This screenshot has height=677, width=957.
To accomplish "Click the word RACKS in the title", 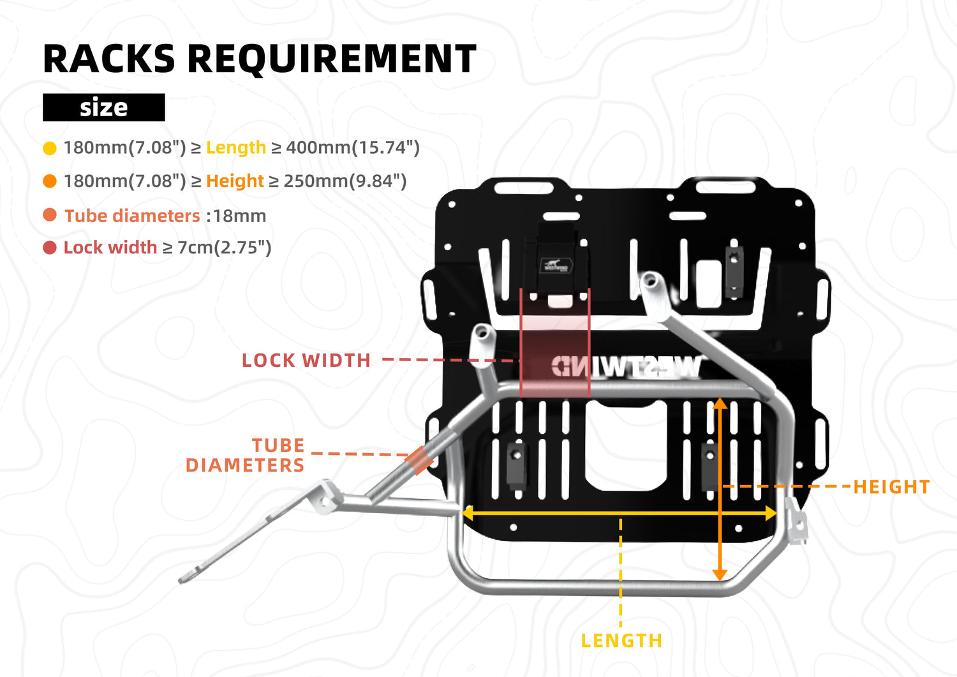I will pyautogui.click(x=108, y=59).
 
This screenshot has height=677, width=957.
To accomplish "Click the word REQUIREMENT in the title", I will pyautogui.click(x=331, y=59).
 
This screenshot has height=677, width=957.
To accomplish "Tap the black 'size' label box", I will pyautogui.click(x=104, y=107).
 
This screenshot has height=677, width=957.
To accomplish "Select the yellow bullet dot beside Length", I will pyautogui.click(x=50, y=149).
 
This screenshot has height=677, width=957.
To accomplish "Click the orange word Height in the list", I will pyautogui.click(x=235, y=181).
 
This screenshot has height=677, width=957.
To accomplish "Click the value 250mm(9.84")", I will pyautogui.click(x=345, y=181).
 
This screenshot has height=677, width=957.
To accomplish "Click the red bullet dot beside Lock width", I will pyautogui.click(x=50, y=248).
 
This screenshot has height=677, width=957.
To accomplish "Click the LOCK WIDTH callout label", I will pyautogui.click(x=306, y=361).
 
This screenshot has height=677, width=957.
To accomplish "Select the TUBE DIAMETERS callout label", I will pyautogui.click(x=246, y=455).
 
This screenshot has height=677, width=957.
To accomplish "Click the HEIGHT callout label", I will pyautogui.click(x=891, y=487).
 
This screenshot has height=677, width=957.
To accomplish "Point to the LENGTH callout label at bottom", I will pyautogui.click(x=621, y=641).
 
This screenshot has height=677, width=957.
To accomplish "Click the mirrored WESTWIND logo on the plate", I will pyautogui.click(x=625, y=367).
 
